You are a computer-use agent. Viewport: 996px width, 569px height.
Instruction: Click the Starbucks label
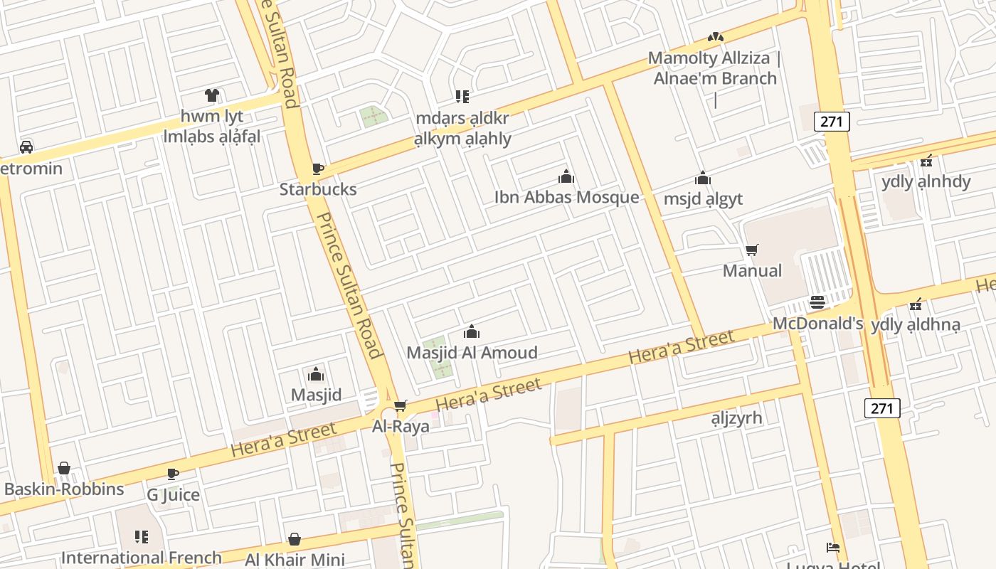pyautogui.click(x=318, y=189)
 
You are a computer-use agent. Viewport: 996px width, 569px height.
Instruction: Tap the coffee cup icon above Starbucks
pyautogui.click(x=318, y=169)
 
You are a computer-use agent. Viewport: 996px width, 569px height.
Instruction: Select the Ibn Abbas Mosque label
pyautogui.click(x=566, y=197)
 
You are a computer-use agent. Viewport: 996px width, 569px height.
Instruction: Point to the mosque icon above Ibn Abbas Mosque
pyautogui.click(x=566, y=176)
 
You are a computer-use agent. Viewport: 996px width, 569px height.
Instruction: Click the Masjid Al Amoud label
pyautogui.click(x=472, y=352)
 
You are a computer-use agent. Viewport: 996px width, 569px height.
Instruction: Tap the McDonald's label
pyautogui.click(x=817, y=324)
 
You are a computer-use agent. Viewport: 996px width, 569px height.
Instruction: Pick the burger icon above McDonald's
pyautogui.click(x=817, y=303)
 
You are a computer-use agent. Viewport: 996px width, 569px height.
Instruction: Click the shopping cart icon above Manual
pyautogui.click(x=752, y=250)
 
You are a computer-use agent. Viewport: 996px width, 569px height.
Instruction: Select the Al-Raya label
pyautogui.click(x=401, y=426)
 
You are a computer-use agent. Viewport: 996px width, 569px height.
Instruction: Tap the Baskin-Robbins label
pyautogui.click(x=64, y=489)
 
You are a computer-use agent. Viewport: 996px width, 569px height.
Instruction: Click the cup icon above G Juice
pyautogui.click(x=173, y=474)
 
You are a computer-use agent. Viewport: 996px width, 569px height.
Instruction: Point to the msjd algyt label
pyautogui.click(x=703, y=198)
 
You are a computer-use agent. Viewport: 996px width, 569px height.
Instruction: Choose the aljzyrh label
pyautogui.click(x=736, y=418)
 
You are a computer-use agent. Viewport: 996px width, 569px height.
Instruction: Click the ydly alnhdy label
pyautogui.click(x=926, y=181)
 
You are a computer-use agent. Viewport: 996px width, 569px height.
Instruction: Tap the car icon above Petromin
pyautogui.click(x=26, y=147)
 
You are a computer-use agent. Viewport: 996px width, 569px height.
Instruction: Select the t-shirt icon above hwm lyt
pyautogui.click(x=212, y=95)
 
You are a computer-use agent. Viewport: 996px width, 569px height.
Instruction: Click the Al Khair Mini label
pyautogui.click(x=295, y=560)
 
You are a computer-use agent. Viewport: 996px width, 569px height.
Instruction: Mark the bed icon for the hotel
pyautogui.click(x=833, y=547)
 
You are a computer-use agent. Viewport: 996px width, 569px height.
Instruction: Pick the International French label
pyautogui.click(x=142, y=558)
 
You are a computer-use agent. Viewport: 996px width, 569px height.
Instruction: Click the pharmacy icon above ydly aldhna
pyautogui.click(x=916, y=304)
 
